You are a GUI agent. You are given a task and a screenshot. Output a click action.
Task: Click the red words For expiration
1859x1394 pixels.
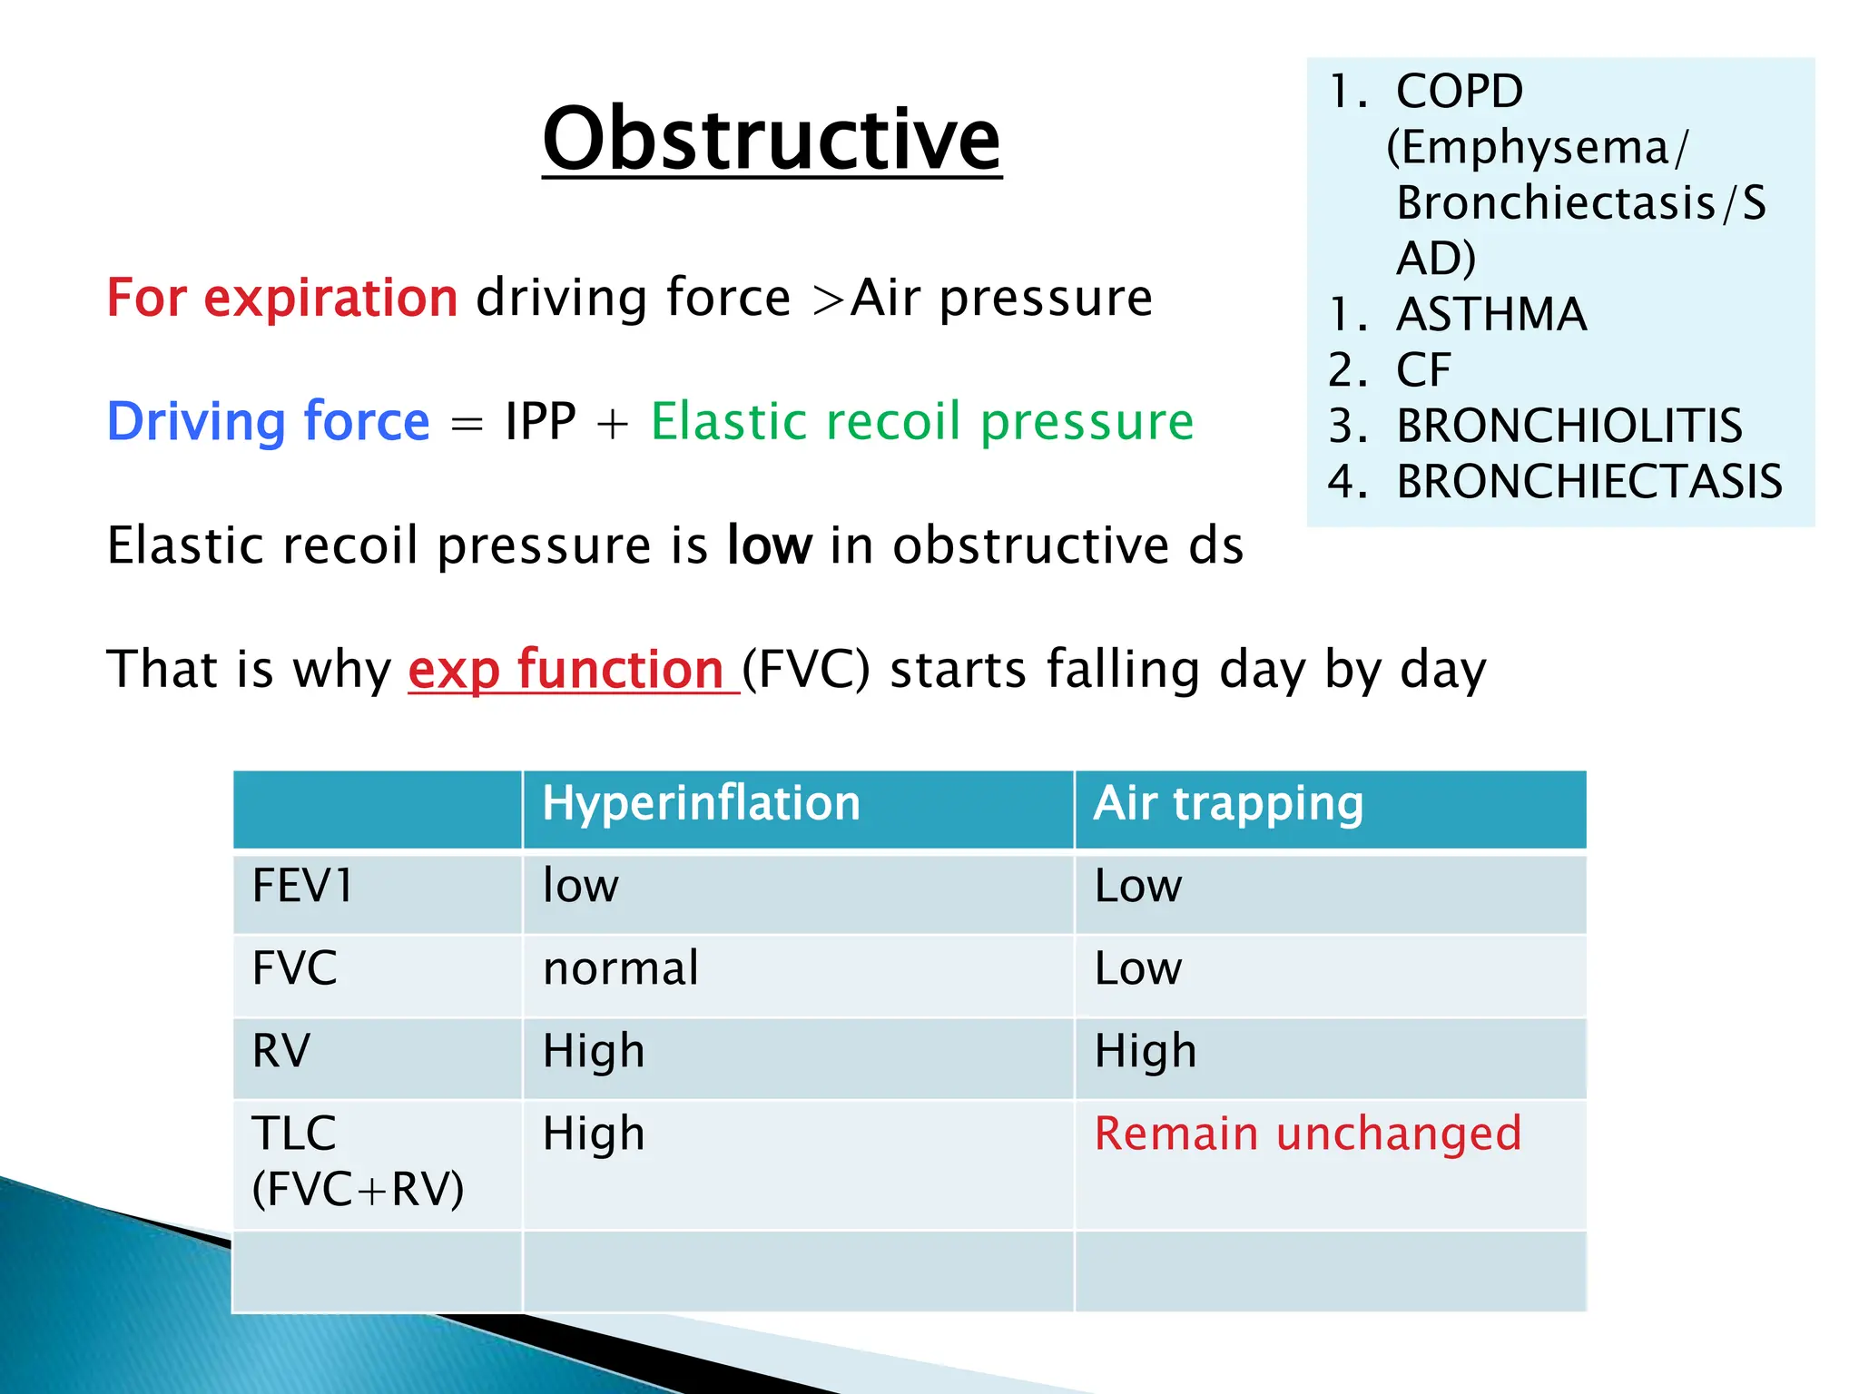click(x=282, y=298)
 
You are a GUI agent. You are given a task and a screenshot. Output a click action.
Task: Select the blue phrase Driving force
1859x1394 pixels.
click(x=269, y=421)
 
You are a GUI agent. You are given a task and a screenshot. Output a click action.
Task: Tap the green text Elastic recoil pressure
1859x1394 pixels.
click(x=921, y=421)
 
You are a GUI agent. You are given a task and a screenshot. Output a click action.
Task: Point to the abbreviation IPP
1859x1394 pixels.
click(x=540, y=421)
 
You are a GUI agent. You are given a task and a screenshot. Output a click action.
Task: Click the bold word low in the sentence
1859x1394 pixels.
click(x=769, y=545)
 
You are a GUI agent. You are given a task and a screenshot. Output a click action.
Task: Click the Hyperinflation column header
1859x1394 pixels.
click(x=701, y=803)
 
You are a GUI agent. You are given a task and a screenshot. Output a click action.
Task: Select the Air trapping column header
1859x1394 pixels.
click(x=1228, y=803)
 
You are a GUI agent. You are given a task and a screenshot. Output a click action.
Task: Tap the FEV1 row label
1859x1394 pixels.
click(x=302, y=886)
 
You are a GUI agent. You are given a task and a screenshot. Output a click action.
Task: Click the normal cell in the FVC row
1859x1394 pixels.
click(x=621, y=968)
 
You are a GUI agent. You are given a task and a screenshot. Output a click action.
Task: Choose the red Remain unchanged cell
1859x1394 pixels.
click(x=1307, y=1134)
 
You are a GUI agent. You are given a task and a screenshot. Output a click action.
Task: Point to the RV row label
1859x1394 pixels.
click(x=281, y=1051)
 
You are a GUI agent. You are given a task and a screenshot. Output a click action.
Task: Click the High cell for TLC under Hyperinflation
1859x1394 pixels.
click(x=594, y=1134)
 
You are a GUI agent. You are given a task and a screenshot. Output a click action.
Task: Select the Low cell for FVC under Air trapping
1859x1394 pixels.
click(x=1138, y=968)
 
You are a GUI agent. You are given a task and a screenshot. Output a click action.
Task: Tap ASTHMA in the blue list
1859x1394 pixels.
click(x=1490, y=315)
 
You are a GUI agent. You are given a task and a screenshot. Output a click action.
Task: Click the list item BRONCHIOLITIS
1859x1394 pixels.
click(x=1569, y=426)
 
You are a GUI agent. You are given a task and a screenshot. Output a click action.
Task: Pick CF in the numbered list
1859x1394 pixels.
click(x=1423, y=370)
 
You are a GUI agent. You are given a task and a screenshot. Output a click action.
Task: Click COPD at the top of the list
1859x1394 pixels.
click(x=1459, y=91)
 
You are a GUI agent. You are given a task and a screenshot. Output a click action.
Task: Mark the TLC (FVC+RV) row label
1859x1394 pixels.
click(x=357, y=1161)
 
